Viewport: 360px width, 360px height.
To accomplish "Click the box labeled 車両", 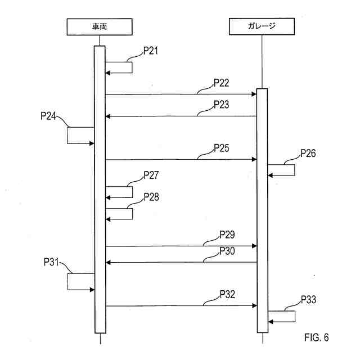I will [99, 26].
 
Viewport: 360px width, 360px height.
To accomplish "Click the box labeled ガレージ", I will [261, 26].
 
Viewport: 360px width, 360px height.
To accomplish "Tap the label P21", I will [151, 51].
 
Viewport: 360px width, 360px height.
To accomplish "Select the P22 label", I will [222, 83].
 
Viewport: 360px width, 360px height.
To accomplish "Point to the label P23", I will [222, 104].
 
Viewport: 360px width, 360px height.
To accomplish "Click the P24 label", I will [48, 116].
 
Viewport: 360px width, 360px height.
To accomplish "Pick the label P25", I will [222, 148].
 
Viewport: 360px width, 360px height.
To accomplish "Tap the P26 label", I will [308, 152].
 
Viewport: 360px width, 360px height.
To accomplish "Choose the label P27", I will [151, 175].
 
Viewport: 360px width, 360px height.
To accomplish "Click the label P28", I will [151, 197].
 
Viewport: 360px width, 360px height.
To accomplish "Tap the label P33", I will [308, 300].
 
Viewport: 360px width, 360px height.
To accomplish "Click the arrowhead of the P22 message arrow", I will [254, 94].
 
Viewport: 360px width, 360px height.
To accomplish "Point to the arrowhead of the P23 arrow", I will [108, 116].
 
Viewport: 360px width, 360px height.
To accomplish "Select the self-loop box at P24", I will [80, 135].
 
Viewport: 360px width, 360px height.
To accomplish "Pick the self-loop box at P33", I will [281, 316].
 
